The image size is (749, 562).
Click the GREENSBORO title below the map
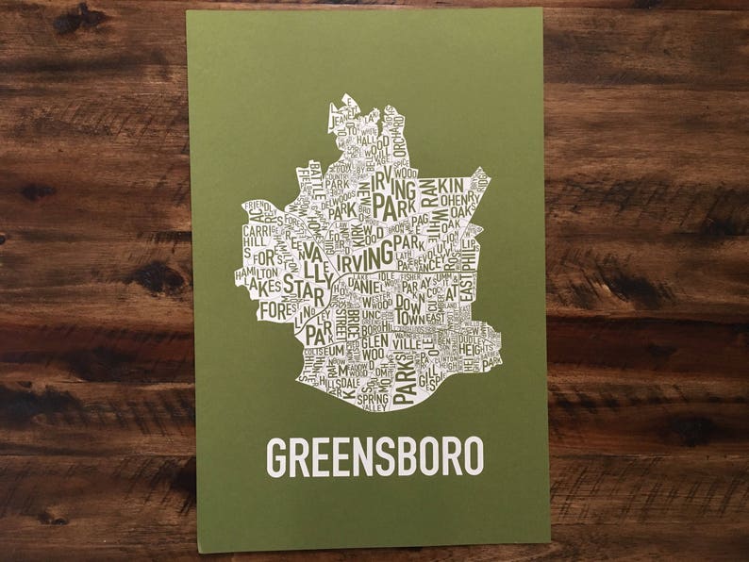tap(374, 455)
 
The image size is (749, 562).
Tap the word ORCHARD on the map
tap(398, 146)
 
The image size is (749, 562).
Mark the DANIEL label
tap(358, 282)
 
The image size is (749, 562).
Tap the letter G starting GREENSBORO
tap(275, 456)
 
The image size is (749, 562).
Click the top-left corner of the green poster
tap(188, 12)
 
